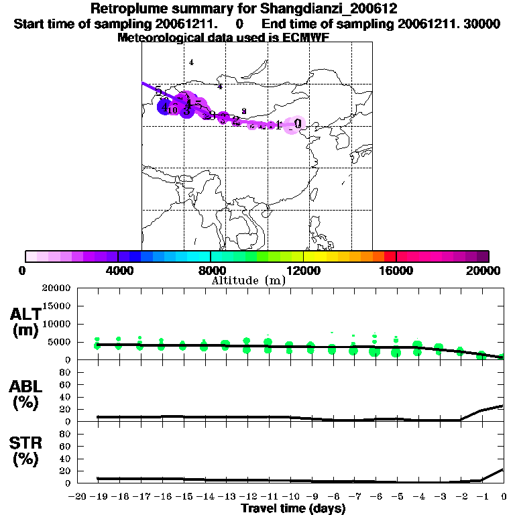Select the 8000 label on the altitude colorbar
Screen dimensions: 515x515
tap(211, 270)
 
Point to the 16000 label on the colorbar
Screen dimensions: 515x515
tap(397, 270)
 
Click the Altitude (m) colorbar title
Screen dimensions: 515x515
tap(248, 280)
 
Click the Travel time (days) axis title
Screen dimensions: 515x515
tap(293, 509)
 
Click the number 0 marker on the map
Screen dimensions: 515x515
tap(297, 123)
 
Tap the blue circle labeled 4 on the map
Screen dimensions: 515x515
tap(164, 107)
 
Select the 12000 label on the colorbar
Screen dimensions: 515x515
tap(304, 270)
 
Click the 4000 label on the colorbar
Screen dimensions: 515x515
tap(118, 270)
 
